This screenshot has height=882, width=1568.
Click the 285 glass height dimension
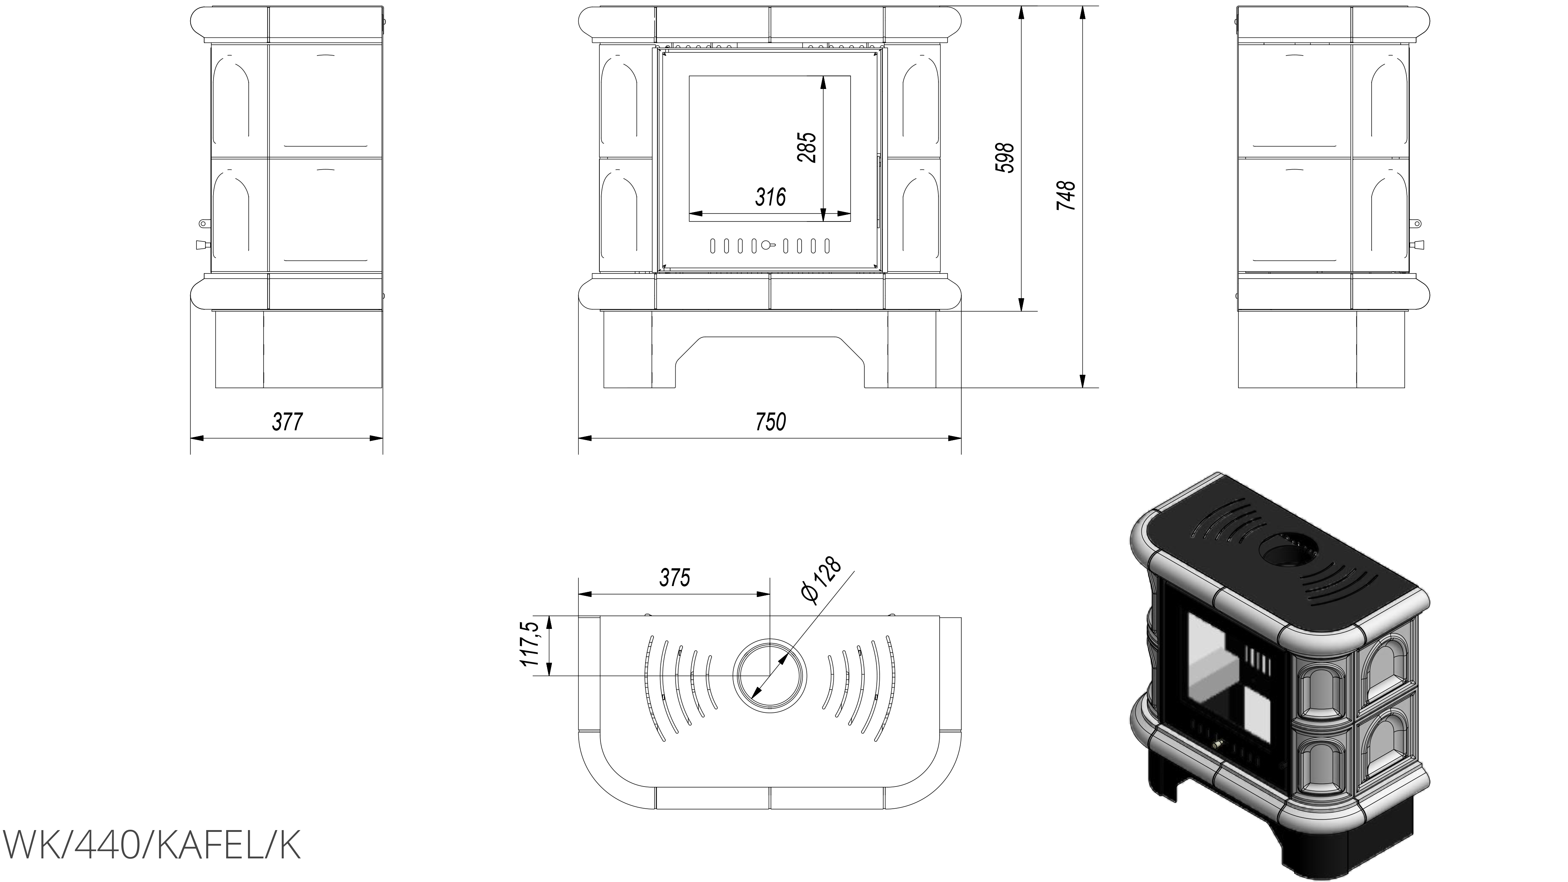tap(807, 147)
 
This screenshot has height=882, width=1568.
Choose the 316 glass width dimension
tap(771, 196)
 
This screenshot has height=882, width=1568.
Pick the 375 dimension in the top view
tap(675, 578)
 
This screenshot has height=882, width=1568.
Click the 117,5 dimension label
tap(530, 645)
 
